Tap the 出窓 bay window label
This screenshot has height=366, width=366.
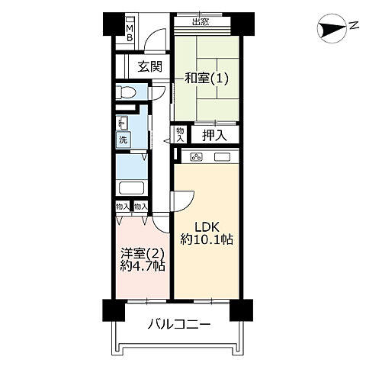pos(201,21)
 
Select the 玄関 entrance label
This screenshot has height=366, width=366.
pos(149,66)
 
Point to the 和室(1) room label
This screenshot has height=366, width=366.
pos(206,78)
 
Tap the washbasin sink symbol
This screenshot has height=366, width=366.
pos(123,122)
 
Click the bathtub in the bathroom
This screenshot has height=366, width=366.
pos(132,189)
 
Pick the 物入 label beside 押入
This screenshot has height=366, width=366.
pos(180,135)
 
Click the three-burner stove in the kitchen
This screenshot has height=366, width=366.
pos(197,157)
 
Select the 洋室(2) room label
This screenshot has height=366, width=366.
pos(143,253)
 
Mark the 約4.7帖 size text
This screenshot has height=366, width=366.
pos(143,267)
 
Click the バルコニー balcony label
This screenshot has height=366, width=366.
pos(178,325)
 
